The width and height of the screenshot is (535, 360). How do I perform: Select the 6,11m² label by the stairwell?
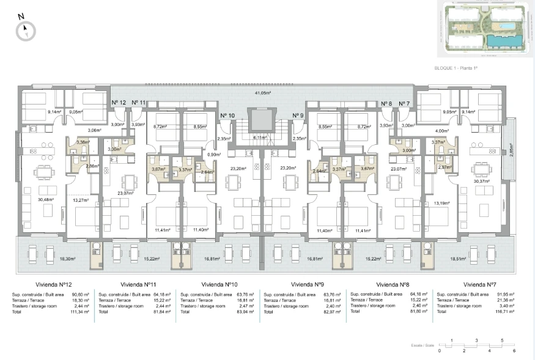pos(259,138)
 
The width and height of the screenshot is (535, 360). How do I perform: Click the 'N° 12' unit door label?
pos(119,103)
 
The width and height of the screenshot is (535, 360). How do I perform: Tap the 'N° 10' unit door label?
pos(227,115)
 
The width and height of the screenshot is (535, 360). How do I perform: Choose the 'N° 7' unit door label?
pos(404,103)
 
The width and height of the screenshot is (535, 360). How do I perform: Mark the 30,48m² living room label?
pos(45,199)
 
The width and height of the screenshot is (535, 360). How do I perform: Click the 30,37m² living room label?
pos(482,180)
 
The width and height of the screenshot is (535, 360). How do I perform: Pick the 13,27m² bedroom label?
pos(81,200)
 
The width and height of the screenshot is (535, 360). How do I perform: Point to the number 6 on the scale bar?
pos(514,351)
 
